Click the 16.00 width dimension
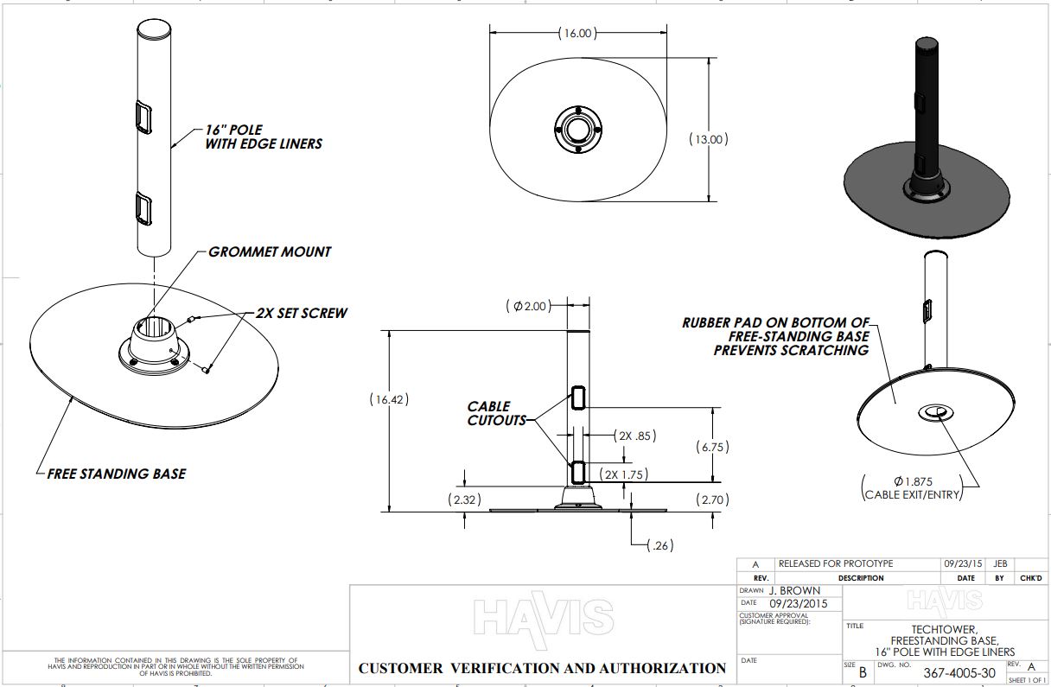click(578, 34)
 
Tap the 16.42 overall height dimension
click(388, 400)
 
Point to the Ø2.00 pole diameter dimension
click(528, 305)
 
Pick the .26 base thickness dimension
click(659, 544)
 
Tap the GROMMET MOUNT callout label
click(270, 251)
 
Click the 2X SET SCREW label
click(301, 313)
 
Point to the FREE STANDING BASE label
click(117, 474)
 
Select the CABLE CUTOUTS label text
click(496, 413)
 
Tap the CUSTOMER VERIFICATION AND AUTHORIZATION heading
click(542, 668)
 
